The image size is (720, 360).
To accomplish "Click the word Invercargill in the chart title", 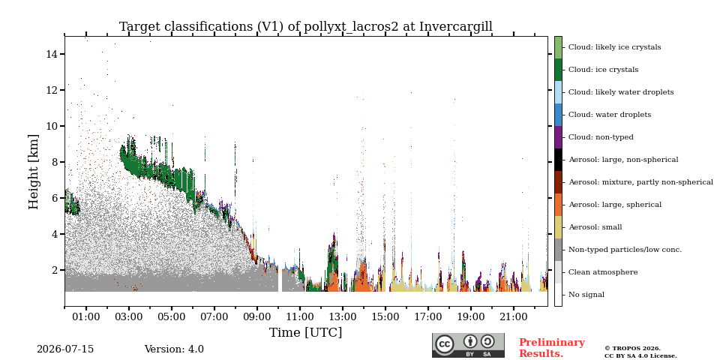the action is pyautogui.click(x=456, y=27).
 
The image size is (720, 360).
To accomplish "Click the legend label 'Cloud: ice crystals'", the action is pyautogui.click(x=603, y=70).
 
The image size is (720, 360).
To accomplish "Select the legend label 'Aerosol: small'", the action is pyautogui.click(x=595, y=227).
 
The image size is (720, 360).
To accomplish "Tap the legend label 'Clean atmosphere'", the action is pyautogui.click(x=603, y=272).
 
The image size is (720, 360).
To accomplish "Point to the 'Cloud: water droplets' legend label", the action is pyautogui.click(x=609, y=115).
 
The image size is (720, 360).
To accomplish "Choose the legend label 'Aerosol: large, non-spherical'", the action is pyautogui.click(x=623, y=160).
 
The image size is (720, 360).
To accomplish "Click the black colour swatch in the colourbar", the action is pyautogui.click(x=558, y=160).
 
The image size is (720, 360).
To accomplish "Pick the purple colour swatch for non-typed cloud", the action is pyautogui.click(x=558, y=137).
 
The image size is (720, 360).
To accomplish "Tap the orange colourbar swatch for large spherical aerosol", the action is pyautogui.click(x=558, y=205).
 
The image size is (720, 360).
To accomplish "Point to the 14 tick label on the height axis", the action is pyautogui.click(x=52, y=54).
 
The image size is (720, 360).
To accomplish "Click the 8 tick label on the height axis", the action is pyautogui.click(x=55, y=162).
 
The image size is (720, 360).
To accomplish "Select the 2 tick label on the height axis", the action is pyautogui.click(x=55, y=270).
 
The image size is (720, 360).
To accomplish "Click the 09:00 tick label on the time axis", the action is pyautogui.click(x=256, y=316).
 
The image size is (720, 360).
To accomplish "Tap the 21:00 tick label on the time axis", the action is pyautogui.click(x=513, y=316).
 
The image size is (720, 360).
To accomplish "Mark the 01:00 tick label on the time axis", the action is pyautogui.click(x=85, y=316).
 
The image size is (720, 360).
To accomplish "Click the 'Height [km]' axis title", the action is pyautogui.click(x=34, y=172).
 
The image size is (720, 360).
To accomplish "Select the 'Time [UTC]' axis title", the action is pyautogui.click(x=306, y=332).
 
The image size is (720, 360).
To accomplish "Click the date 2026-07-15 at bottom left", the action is pyautogui.click(x=65, y=349).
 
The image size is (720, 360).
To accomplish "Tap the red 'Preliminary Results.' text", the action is pyautogui.click(x=552, y=348).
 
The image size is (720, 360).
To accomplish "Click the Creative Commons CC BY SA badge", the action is pyautogui.click(x=468, y=345).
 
